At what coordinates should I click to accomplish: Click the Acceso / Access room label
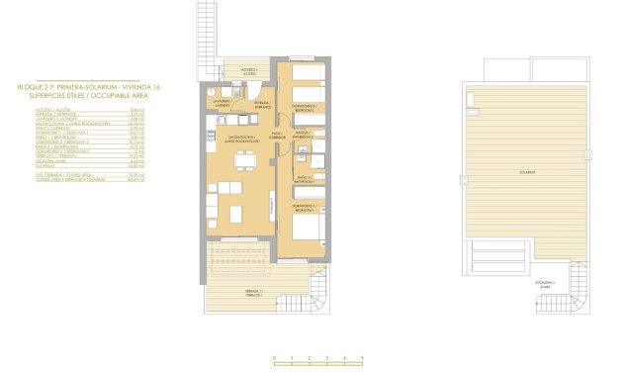click(251, 72)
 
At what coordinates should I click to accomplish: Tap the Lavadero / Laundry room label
click(220, 102)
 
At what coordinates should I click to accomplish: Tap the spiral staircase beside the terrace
click(322, 293)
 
